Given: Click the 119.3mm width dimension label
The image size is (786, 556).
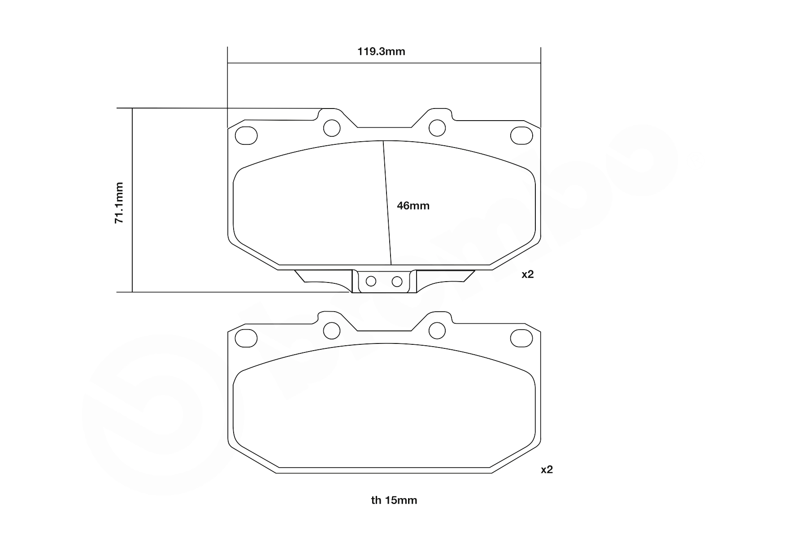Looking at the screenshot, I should (x=381, y=52).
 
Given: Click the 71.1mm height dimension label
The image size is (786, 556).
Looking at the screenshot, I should (x=119, y=203).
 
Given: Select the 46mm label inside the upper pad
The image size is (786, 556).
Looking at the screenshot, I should (x=413, y=206).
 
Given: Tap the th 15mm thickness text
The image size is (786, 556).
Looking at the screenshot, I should (x=394, y=500).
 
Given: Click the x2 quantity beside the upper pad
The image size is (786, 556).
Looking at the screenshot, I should (x=527, y=274).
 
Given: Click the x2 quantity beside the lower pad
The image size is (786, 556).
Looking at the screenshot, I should (x=547, y=469).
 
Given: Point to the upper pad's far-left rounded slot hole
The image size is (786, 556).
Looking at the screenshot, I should (x=246, y=135).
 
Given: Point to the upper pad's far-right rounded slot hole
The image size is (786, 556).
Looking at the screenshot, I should (x=521, y=135).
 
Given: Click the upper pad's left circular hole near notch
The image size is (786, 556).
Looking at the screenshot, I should (x=332, y=128).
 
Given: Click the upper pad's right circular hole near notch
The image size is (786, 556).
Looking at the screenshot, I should (x=437, y=128).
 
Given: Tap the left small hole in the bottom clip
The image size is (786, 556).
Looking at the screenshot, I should (x=371, y=281).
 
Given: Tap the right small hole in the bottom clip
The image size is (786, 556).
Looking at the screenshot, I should (x=397, y=282).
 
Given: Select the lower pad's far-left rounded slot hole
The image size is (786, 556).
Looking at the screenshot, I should (x=246, y=338).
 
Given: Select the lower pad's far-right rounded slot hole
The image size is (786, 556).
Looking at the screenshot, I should (x=521, y=338).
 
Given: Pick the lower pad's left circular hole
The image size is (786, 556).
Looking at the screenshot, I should (x=332, y=331).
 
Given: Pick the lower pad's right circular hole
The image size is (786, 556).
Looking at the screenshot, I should (x=437, y=331).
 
